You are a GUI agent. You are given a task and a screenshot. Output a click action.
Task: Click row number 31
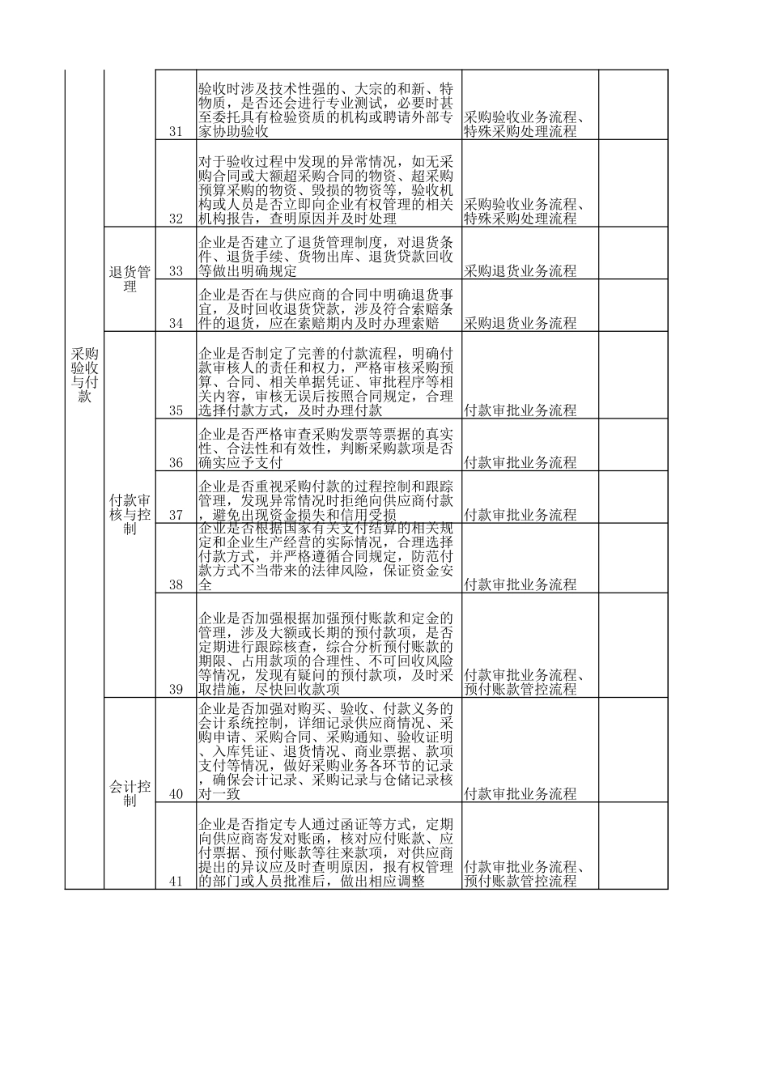click(x=176, y=131)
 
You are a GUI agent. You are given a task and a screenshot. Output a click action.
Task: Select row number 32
click(x=176, y=219)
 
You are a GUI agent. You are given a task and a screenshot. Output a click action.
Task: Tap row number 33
click(x=176, y=271)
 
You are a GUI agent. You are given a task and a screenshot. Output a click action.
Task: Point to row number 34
click(x=176, y=323)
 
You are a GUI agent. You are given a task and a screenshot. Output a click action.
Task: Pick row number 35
click(x=176, y=410)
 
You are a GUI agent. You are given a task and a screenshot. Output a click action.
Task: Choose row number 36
click(x=176, y=463)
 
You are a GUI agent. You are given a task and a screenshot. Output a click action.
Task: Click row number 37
click(x=176, y=515)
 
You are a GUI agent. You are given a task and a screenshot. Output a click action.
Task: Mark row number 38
click(x=176, y=584)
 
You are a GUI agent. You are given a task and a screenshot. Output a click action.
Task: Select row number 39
click(x=176, y=690)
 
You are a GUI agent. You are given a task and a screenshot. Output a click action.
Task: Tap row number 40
click(x=176, y=794)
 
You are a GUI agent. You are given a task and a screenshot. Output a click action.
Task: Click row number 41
click(x=176, y=882)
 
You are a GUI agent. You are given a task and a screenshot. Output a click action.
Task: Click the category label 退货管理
click(x=130, y=279)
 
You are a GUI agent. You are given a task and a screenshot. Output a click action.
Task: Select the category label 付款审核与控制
click(x=130, y=515)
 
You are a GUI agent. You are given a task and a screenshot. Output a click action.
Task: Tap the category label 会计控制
click(x=130, y=793)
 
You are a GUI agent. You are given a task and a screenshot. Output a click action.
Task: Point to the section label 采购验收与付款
click(x=84, y=375)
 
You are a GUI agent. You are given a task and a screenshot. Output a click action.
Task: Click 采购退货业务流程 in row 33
click(x=520, y=271)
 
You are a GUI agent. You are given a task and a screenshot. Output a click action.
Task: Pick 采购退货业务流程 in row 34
click(x=520, y=323)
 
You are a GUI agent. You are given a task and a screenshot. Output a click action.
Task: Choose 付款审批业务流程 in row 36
click(x=520, y=463)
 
